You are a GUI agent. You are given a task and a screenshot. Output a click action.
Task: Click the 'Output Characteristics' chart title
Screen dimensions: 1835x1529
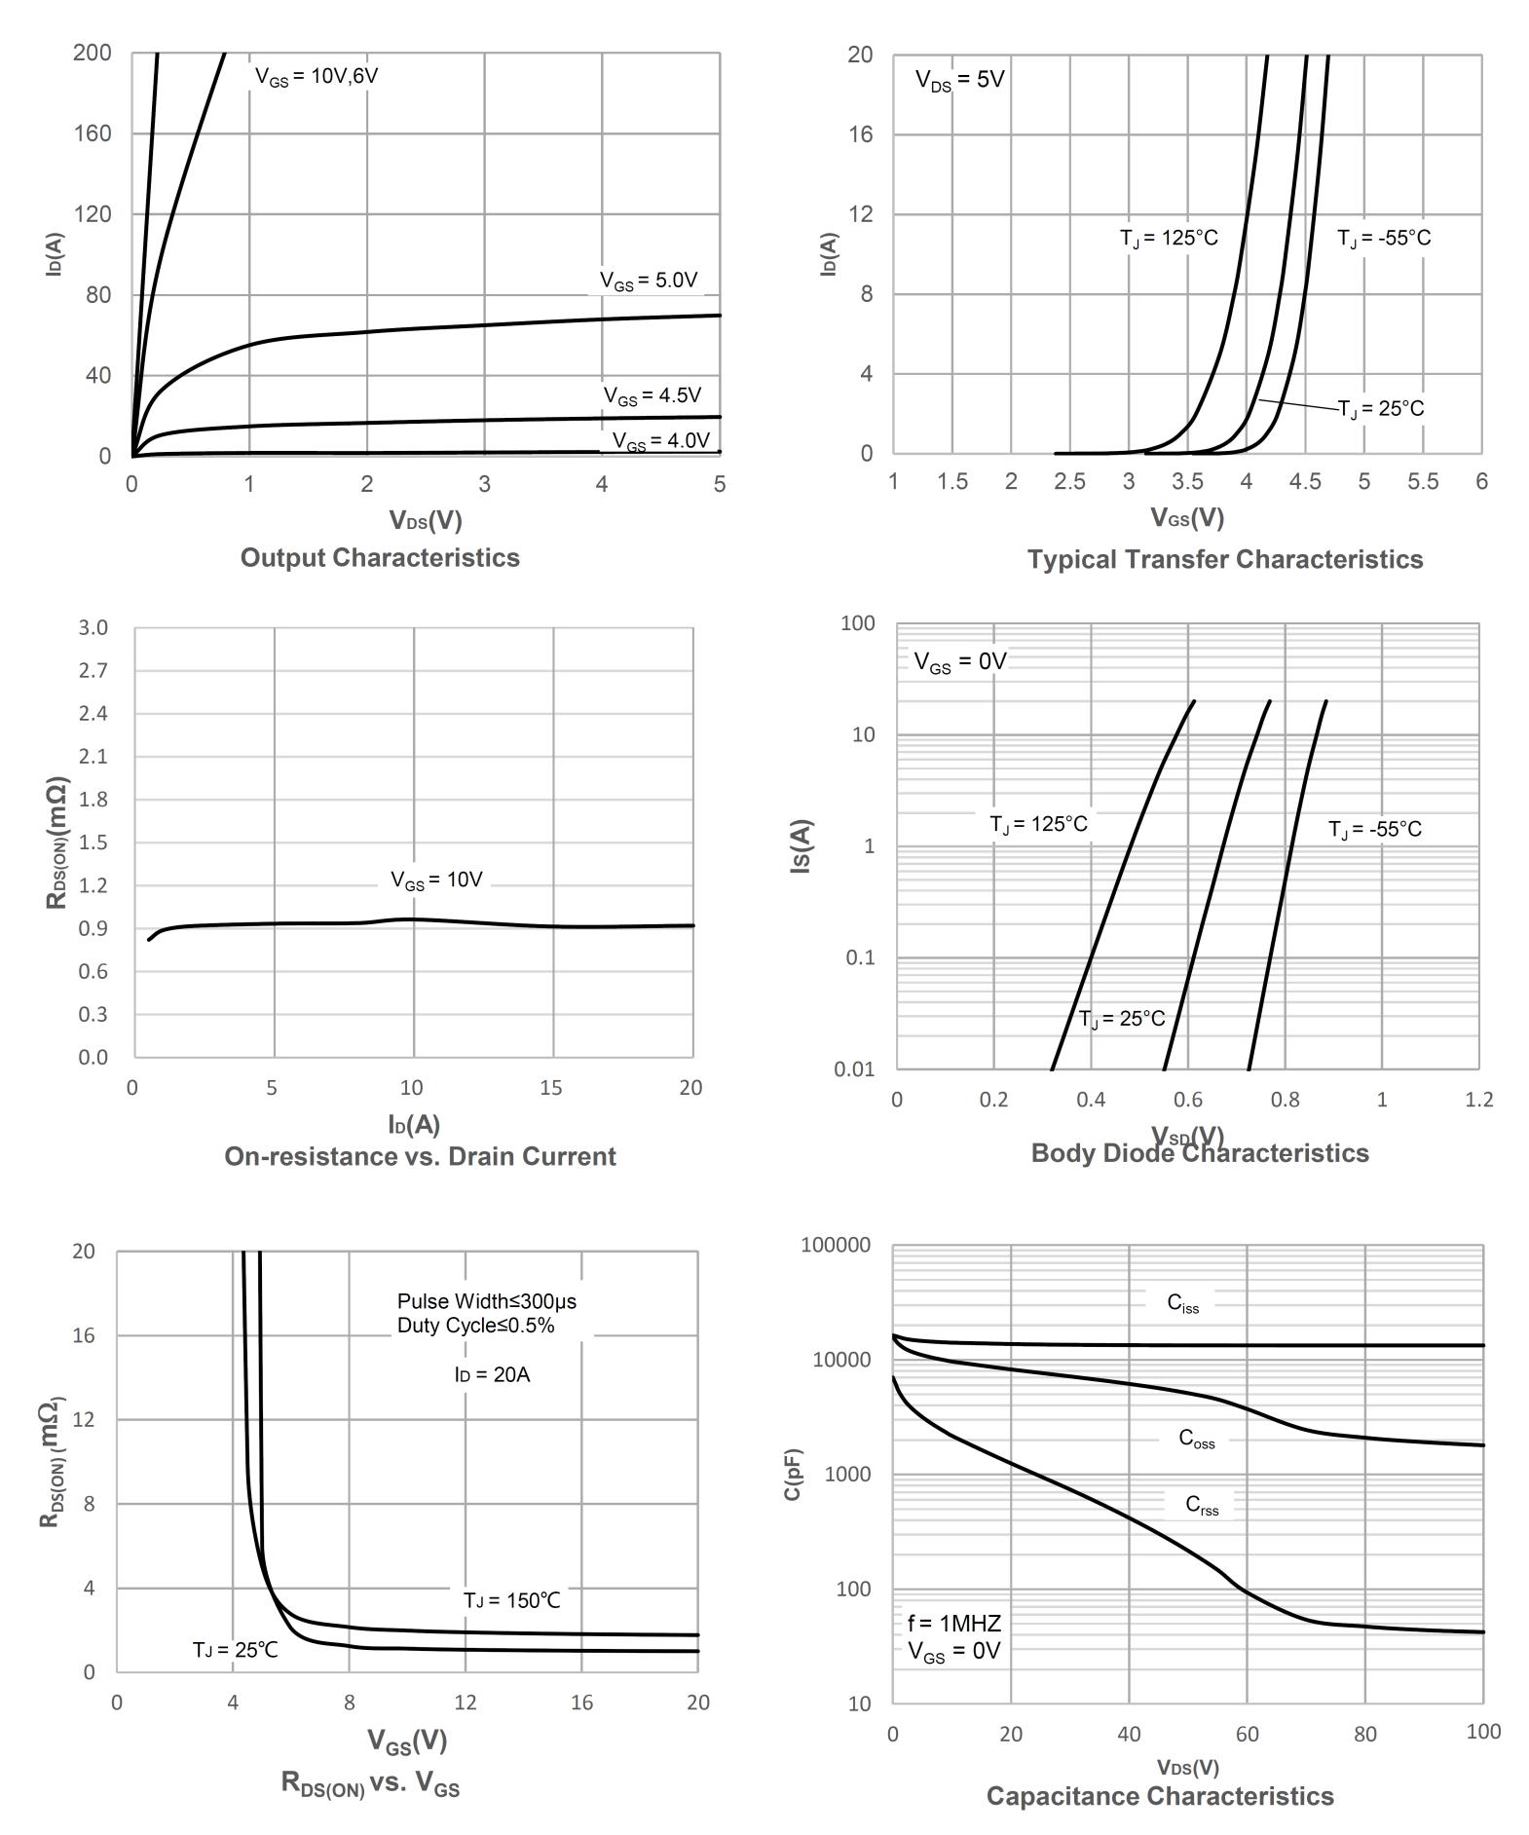click(x=380, y=558)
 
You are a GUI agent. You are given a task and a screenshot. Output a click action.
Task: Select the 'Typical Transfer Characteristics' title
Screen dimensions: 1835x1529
click(x=1224, y=560)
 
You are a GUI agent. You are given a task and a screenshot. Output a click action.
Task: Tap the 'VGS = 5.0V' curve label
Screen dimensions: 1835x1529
click(x=649, y=281)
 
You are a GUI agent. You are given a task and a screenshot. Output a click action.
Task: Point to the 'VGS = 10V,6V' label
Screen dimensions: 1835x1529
click(x=317, y=77)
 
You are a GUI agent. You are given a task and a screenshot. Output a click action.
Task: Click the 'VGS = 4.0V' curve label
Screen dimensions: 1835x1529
click(x=661, y=441)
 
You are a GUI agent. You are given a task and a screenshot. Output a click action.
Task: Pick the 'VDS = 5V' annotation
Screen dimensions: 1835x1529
click(x=959, y=81)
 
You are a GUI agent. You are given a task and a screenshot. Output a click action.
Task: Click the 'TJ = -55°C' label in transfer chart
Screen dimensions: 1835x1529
click(x=1383, y=239)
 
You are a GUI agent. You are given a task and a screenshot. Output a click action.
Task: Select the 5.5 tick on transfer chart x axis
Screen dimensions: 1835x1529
click(x=1423, y=482)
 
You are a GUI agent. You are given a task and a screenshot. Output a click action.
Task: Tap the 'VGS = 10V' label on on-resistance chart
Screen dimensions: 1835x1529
click(x=436, y=880)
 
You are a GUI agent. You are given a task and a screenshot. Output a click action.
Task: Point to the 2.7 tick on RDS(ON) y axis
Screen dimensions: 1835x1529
click(x=93, y=671)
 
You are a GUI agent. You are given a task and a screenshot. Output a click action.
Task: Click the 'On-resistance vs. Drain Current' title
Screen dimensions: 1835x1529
click(x=420, y=1157)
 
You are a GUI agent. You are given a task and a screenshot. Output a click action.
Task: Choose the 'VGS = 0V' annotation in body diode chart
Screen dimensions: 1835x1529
click(x=959, y=662)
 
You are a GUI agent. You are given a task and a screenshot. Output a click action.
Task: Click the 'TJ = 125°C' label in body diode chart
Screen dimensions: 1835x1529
click(x=1038, y=825)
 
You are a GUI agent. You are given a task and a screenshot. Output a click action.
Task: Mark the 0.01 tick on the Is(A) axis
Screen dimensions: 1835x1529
click(x=854, y=1070)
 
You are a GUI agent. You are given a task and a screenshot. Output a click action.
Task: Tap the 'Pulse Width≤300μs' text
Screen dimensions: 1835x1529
click(x=487, y=1302)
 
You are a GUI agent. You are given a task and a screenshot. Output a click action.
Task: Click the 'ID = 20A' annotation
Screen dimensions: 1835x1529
click(x=492, y=1375)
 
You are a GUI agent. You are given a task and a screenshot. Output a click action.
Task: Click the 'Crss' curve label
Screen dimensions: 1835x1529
click(x=1202, y=1506)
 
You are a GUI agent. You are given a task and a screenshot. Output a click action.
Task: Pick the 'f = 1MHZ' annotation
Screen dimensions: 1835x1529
click(x=954, y=1624)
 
